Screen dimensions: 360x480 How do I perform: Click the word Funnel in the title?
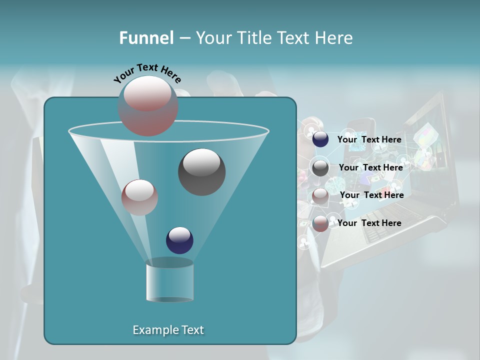point(146,38)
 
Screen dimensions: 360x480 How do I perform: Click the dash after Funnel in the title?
point(184,38)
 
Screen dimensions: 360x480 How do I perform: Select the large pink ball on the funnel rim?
point(147,106)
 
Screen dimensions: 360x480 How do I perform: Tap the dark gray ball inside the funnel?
point(201,172)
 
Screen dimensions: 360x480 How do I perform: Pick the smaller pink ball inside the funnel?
point(139,197)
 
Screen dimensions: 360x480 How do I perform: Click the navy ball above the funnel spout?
point(179,240)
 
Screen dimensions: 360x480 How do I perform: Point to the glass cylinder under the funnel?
point(169,281)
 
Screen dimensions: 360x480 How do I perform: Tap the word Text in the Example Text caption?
point(192,330)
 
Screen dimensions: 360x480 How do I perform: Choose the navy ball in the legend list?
point(320,139)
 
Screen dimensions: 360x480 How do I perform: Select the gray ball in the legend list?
point(320,167)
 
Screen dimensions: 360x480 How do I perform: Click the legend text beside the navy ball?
point(369,139)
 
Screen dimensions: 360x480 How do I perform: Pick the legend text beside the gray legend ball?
point(370,167)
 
